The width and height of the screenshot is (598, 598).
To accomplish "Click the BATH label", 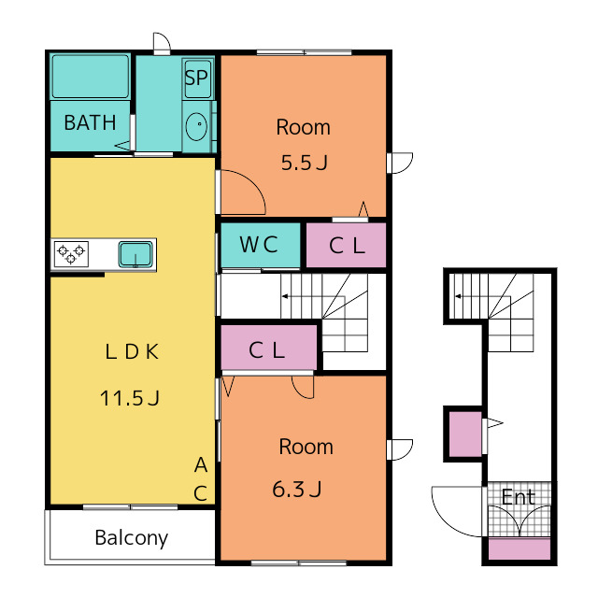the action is [x=90, y=122].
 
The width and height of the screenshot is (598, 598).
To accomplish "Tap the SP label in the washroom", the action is [x=196, y=78].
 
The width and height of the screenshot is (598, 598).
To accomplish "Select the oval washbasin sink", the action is [x=196, y=126].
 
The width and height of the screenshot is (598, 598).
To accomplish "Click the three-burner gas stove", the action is [x=71, y=254].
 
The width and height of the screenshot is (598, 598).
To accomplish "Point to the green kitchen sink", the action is [x=135, y=254].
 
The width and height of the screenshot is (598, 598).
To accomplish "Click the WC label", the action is [x=259, y=245].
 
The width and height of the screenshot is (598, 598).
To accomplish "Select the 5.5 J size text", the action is [x=304, y=163].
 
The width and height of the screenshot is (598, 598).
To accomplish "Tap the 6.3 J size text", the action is [x=297, y=490].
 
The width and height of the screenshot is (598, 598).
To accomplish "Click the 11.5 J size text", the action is [x=129, y=398].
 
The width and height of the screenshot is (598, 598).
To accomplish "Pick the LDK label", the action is [x=132, y=351].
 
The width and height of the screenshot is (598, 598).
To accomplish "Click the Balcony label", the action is [x=131, y=538].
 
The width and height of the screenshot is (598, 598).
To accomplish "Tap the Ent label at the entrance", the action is [x=519, y=497].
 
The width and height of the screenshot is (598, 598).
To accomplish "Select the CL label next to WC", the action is [x=347, y=246].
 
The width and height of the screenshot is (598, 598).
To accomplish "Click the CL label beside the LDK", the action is [x=266, y=350].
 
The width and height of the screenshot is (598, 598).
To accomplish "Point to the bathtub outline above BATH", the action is [x=91, y=77].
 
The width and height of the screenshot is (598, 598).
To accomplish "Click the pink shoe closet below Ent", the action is [x=520, y=549].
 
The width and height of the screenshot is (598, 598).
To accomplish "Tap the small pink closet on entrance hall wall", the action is [x=465, y=434].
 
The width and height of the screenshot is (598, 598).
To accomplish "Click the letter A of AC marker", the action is [x=201, y=465].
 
